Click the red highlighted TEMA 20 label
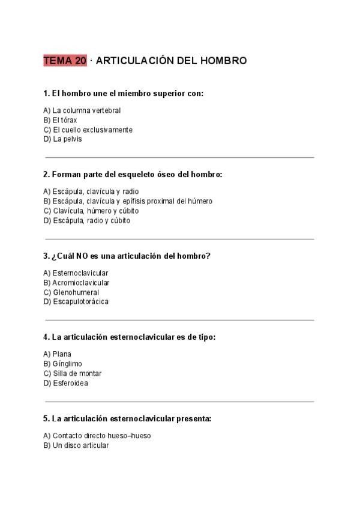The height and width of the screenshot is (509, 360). pyautogui.click(x=65, y=61)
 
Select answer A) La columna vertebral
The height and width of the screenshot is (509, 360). pyautogui.click(x=82, y=110)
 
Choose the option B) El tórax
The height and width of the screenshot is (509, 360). pyautogui.click(x=60, y=120)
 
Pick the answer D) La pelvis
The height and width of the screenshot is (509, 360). pyautogui.click(x=62, y=139)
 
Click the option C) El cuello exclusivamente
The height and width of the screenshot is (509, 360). pyautogui.click(x=88, y=130)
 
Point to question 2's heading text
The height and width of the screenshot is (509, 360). pyautogui.click(x=133, y=175)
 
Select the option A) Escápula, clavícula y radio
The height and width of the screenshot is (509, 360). pyautogui.click(x=91, y=192)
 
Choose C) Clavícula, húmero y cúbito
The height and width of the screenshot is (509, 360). pyautogui.click(x=91, y=211)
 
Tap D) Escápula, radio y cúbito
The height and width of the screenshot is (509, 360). pyautogui.click(x=86, y=220)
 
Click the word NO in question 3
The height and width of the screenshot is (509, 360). pyautogui.click(x=82, y=256)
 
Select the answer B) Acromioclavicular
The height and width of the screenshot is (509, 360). pyautogui.click(x=76, y=283)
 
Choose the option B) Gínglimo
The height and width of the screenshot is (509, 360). pyautogui.click(x=63, y=364)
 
